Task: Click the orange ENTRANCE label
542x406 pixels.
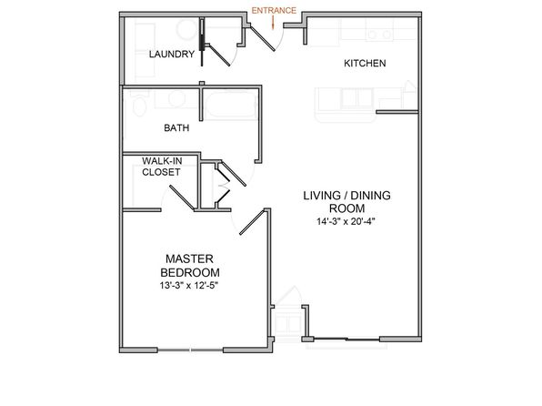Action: (274, 11)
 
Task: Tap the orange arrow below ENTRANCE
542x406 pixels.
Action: (273, 23)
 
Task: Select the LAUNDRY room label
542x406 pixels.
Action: (172, 54)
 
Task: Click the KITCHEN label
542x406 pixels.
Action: (365, 63)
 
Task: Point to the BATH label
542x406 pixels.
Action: (176, 128)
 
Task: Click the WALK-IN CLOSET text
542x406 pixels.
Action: (162, 167)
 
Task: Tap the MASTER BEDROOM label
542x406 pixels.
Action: (190, 266)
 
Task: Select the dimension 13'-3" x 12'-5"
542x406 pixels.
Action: (190, 286)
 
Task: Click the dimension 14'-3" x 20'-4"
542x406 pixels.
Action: (346, 221)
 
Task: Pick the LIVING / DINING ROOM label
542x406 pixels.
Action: (346, 202)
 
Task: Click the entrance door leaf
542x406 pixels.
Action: (263, 39)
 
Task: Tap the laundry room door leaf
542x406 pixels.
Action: (219, 56)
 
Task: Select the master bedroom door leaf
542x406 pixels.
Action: (252, 222)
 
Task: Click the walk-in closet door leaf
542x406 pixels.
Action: (182, 198)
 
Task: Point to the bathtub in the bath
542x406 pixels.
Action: (231, 105)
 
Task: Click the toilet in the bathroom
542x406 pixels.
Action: (139, 103)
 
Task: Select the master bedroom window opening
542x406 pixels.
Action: (190, 350)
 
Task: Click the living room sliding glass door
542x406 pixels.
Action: (346, 339)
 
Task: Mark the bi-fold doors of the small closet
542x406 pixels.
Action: (222, 185)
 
